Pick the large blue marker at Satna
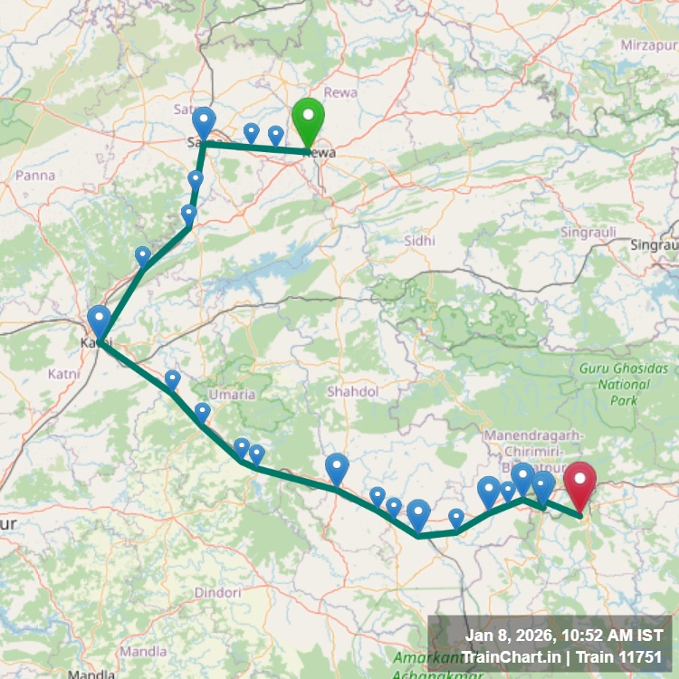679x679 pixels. point(204,122)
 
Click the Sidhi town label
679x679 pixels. point(421,241)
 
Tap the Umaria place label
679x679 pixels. point(232,395)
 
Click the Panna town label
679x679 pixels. point(35,176)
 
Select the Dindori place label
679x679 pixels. point(218,593)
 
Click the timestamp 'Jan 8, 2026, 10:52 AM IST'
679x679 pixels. point(563,636)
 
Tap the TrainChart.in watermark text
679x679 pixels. point(505,657)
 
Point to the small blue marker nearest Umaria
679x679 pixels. point(202,412)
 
